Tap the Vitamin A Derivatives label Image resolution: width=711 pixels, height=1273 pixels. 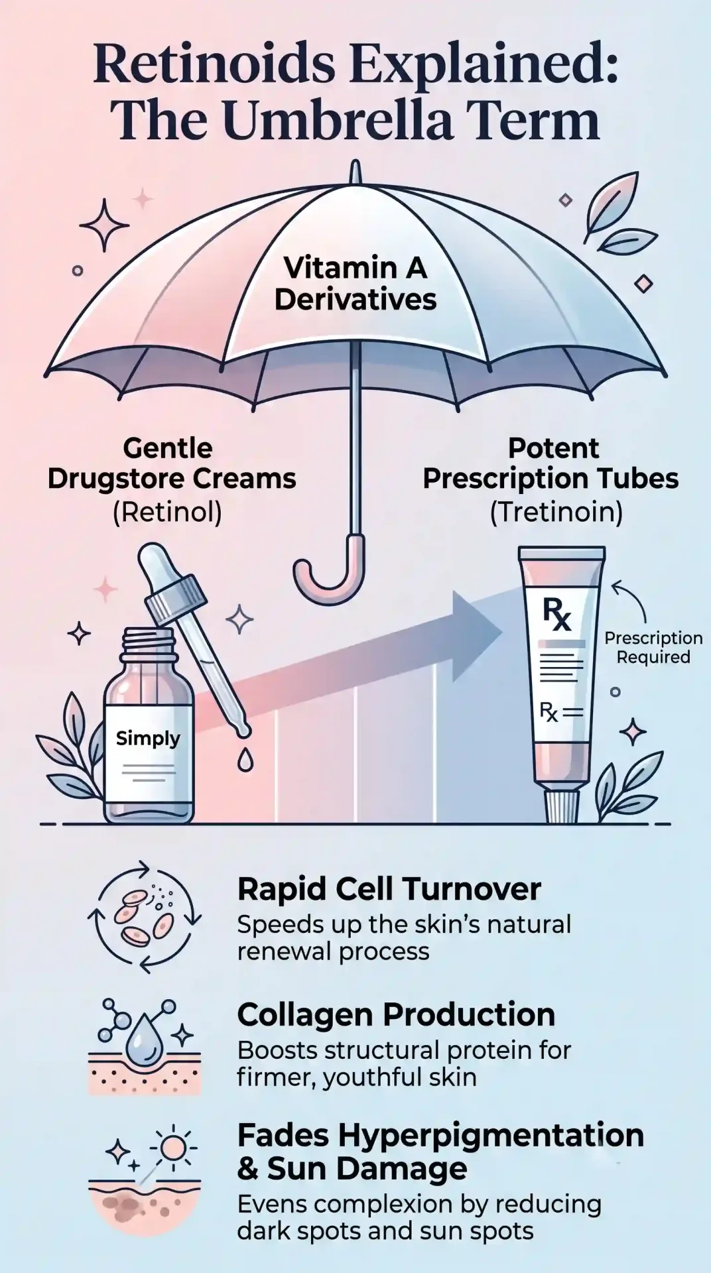tap(355, 284)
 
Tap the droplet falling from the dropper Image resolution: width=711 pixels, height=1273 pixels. tap(245, 760)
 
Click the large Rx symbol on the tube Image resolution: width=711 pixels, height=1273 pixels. tap(556, 614)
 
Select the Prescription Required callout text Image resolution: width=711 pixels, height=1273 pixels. tap(653, 648)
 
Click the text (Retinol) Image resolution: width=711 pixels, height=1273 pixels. tap(167, 513)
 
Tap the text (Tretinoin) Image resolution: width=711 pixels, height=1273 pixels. tap(556, 513)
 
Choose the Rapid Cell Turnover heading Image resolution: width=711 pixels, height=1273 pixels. tap(389, 889)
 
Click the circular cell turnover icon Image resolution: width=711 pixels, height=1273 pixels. tap(145, 917)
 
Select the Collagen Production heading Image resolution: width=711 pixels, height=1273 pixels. tap(396, 1014)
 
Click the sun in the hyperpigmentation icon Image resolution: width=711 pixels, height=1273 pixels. tap(173, 1146)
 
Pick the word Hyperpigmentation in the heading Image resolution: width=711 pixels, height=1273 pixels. tap(491, 1136)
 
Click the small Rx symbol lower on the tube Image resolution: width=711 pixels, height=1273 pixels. tap(549, 713)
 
